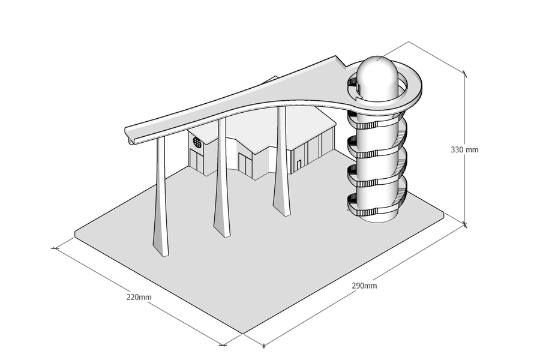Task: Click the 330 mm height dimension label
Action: click(x=464, y=150)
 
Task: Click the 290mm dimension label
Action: click(x=364, y=286)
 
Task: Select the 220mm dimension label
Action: click(x=139, y=297)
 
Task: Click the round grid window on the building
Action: click(x=197, y=142)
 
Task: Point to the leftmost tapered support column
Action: click(x=161, y=196)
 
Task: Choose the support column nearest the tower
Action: click(x=282, y=161)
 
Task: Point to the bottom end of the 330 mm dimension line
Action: click(x=465, y=224)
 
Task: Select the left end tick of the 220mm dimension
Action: click(x=55, y=248)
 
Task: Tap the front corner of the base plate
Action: click(x=243, y=334)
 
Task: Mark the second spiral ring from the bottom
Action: click(x=377, y=176)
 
